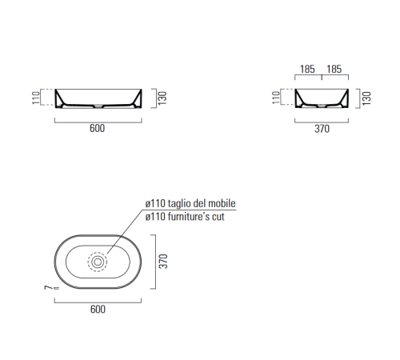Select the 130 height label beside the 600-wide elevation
pos(162,98)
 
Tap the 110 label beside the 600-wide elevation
pos(36,98)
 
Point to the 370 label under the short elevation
pos(321,129)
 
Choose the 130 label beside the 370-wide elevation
pos(367,98)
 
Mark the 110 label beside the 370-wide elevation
pos(277,98)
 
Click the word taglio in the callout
pos(182,204)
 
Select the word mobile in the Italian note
pos(222,204)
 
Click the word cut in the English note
pos(218,217)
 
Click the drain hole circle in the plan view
pos(98,261)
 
